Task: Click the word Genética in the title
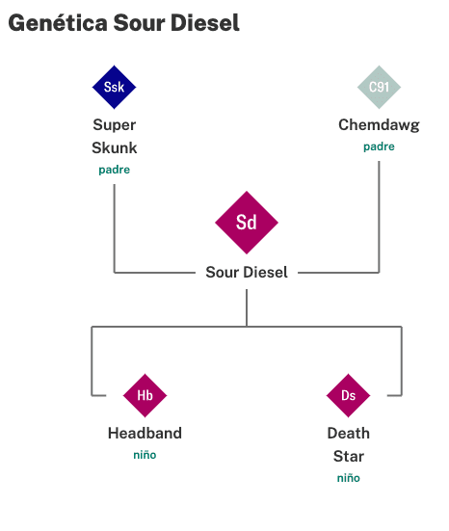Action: click(x=58, y=23)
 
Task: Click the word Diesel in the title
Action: click(x=205, y=23)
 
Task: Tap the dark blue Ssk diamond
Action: click(x=114, y=87)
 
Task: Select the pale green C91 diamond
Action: click(x=379, y=87)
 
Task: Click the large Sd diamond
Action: click(x=247, y=223)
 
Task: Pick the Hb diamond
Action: click(x=145, y=395)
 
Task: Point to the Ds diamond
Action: click(x=348, y=395)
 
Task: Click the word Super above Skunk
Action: click(x=115, y=125)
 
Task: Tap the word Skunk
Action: click(x=115, y=147)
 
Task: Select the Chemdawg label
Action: click(x=379, y=125)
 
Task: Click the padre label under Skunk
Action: click(x=115, y=170)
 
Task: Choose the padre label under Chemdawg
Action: click(x=379, y=146)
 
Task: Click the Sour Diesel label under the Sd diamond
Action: click(x=247, y=272)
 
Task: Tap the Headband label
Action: click(x=145, y=433)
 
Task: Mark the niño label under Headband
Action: click(x=145, y=455)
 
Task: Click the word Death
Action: click(x=349, y=433)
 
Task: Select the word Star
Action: click(x=349, y=456)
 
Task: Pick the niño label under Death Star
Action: click(x=349, y=478)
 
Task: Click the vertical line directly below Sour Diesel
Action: click(x=247, y=307)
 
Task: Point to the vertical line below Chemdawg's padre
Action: click(x=379, y=217)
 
